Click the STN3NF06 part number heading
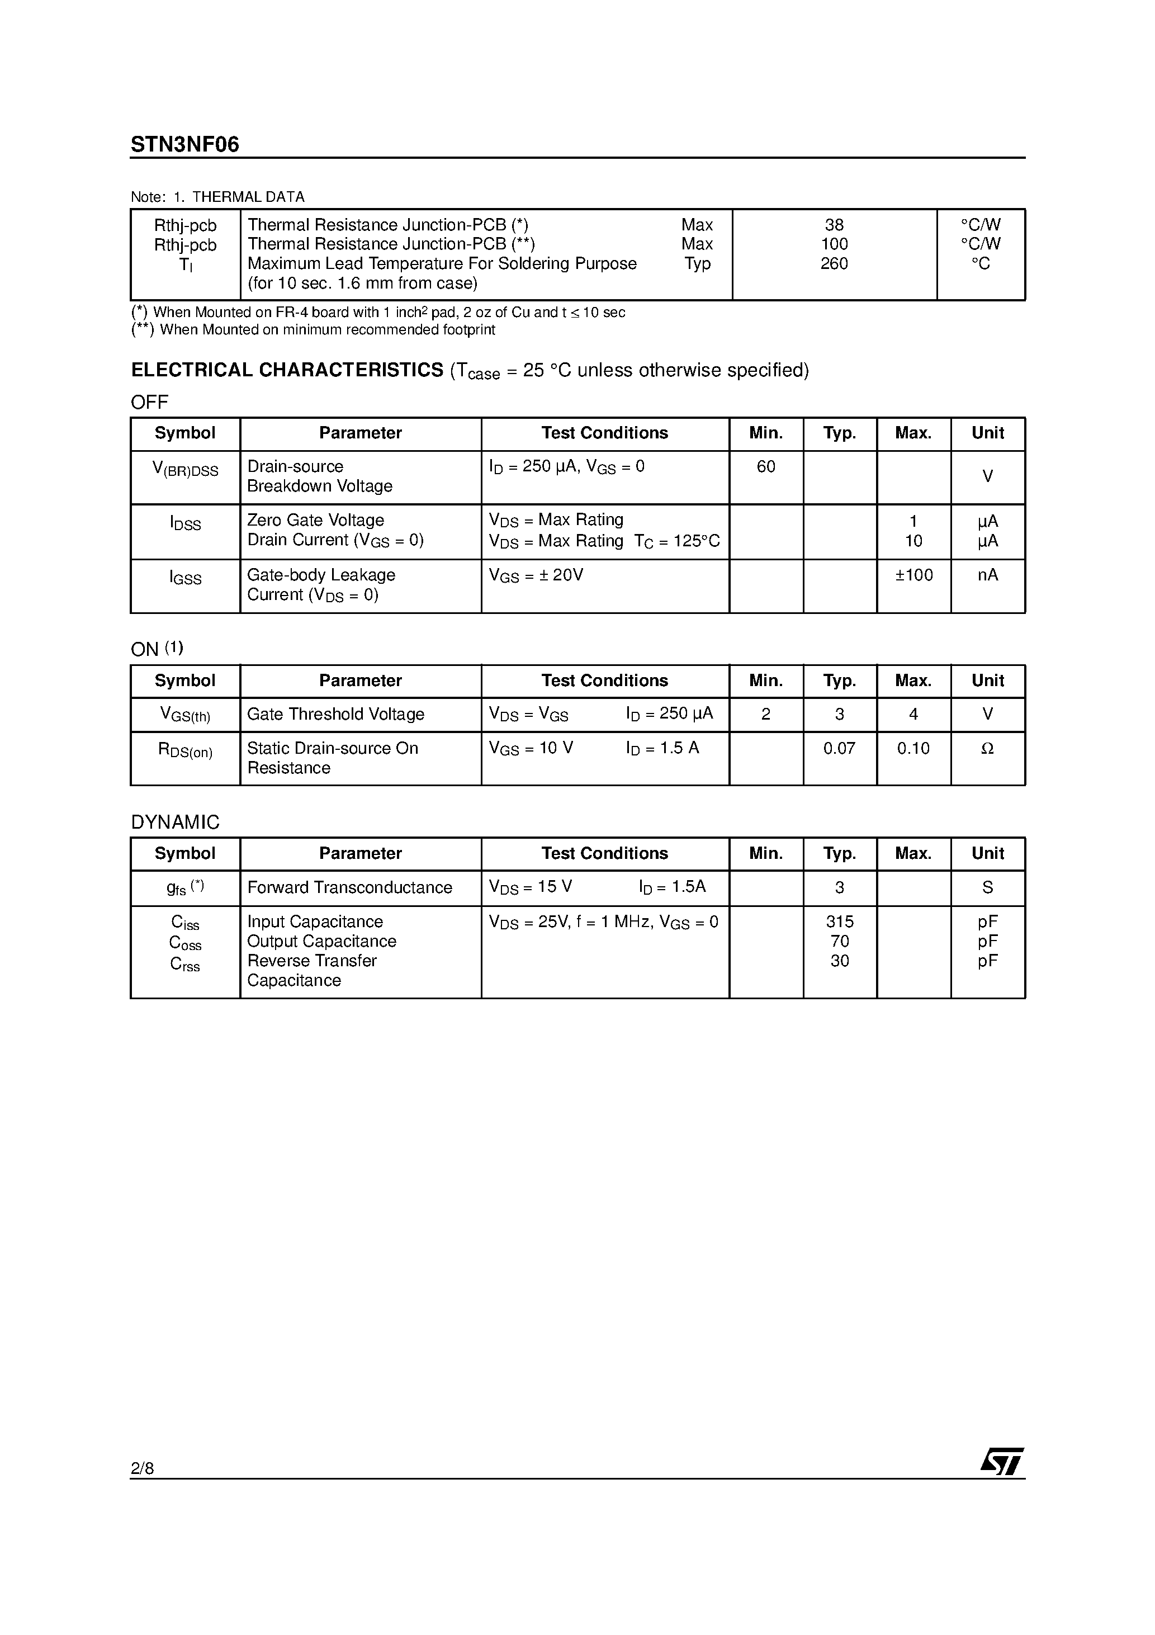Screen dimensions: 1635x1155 click(x=185, y=145)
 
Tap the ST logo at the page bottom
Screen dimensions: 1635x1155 click(x=1001, y=1462)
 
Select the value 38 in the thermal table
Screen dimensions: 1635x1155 click(x=834, y=225)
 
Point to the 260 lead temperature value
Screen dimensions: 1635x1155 click(x=834, y=263)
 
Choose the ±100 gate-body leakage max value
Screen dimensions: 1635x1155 click(x=913, y=575)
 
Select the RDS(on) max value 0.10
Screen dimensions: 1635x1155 click(x=913, y=748)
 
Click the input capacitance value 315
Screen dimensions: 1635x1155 click(x=840, y=922)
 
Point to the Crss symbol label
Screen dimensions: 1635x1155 click(x=185, y=964)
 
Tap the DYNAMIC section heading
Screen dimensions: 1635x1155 click(x=175, y=823)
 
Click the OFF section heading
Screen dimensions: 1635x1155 click(x=149, y=403)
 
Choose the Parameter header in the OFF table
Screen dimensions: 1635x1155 click(x=361, y=433)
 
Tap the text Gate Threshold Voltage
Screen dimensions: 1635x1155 click(x=335, y=714)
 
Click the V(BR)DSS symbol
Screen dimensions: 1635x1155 click(x=185, y=469)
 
